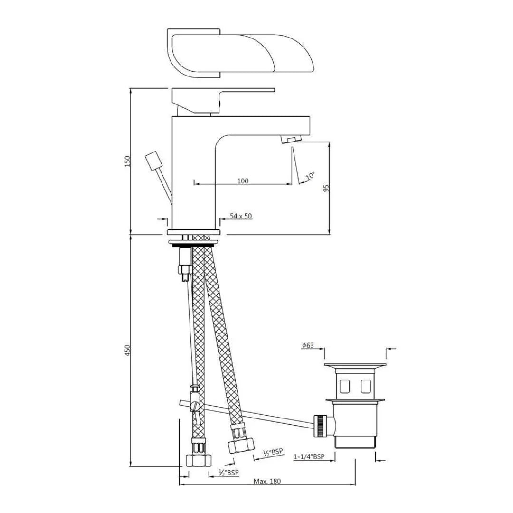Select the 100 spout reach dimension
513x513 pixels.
coord(243,181)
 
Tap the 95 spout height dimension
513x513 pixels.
coord(326,188)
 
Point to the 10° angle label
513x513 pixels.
coord(310,176)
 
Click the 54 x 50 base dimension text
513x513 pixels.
coord(241,216)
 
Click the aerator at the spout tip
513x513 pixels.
coord(291,139)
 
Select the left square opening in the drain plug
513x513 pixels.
coord(345,387)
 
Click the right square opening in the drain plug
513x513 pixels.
coord(365,387)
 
